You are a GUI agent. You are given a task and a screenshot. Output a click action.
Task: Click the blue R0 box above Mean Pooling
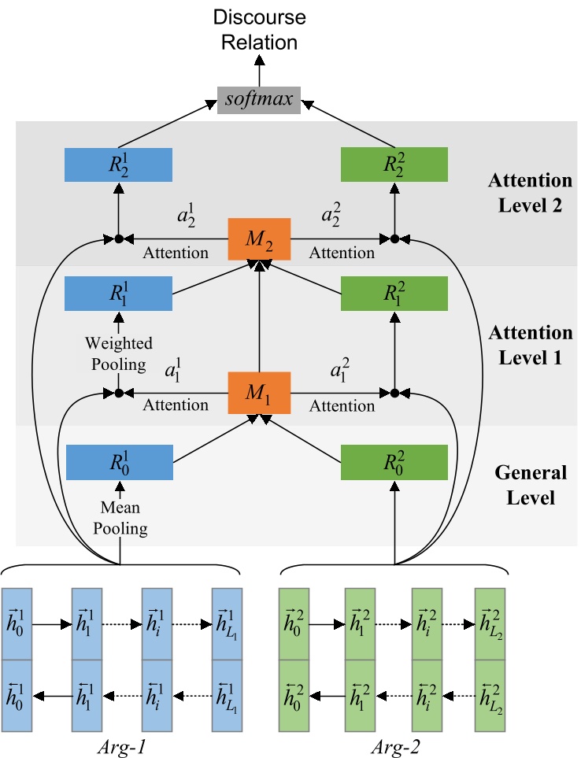(x=119, y=463)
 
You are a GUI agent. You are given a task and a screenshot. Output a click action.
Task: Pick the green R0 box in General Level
(x=394, y=463)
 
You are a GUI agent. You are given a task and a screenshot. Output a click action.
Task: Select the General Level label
(x=530, y=485)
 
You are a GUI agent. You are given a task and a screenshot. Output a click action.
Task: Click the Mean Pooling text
(x=120, y=519)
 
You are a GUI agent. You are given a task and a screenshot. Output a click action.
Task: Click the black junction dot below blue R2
(x=119, y=238)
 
